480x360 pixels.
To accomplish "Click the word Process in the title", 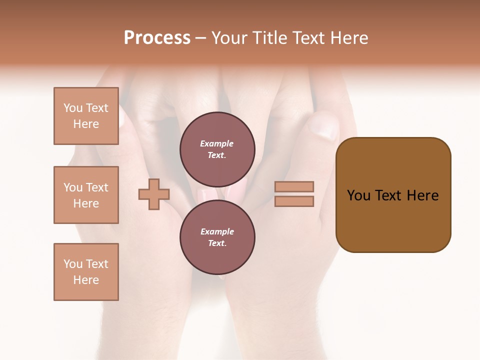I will (x=157, y=38).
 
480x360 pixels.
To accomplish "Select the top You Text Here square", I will (x=86, y=116).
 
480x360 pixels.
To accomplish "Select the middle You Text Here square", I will (x=86, y=195).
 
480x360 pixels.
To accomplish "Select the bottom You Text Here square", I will (x=86, y=272).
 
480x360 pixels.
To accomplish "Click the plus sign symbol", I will (x=154, y=194).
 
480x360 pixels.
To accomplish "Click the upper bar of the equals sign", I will (x=294, y=187).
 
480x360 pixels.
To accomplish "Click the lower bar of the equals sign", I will (x=294, y=201).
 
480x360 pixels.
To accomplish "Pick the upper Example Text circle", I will (x=217, y=149).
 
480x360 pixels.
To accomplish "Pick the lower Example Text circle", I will (x=217, y=237).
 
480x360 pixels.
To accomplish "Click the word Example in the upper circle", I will (x=217, y=143).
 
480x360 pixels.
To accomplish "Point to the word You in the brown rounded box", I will (x=358, y=195).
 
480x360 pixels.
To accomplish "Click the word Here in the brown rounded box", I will (x=423, y=195).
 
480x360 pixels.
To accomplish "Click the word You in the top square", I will (x=73, y=108).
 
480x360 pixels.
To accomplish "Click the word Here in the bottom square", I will (x=86, y=280).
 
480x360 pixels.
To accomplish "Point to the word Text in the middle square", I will (x=97, y=187).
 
